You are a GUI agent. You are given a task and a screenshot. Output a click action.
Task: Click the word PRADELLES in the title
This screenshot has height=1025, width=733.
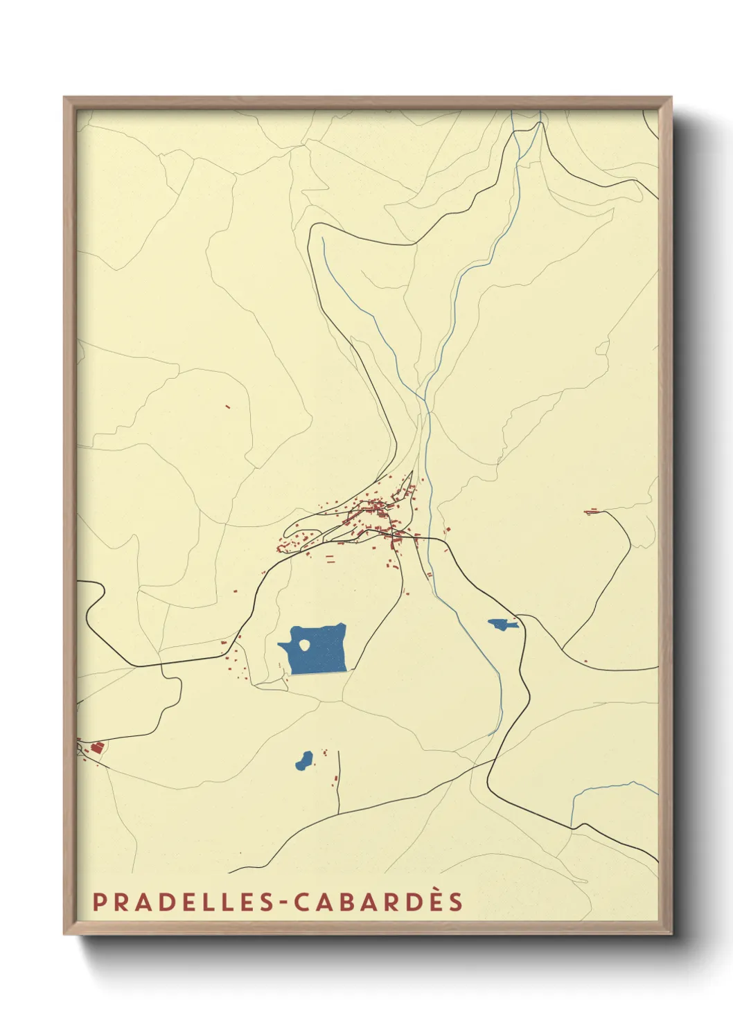[188, 902]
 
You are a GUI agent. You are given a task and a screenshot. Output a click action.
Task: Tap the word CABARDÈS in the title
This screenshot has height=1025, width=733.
[378, 902]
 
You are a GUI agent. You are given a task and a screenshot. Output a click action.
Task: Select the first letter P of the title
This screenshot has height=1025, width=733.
[99, 902]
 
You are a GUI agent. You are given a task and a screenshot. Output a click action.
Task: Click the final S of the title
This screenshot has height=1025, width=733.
[455, 902]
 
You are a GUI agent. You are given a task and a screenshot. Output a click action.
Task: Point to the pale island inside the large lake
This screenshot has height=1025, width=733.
[304, 645]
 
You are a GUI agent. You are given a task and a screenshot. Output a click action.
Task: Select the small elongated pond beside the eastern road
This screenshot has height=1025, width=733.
[502, 624]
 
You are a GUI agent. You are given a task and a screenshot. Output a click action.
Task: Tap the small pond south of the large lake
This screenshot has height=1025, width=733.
[303, 760]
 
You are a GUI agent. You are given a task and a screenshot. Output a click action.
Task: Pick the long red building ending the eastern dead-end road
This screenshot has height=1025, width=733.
[591, 512]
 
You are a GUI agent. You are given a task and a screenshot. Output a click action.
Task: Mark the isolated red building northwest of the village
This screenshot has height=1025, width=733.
[227, 407]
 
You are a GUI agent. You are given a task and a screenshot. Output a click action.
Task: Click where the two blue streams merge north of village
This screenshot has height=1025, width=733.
[425, 401]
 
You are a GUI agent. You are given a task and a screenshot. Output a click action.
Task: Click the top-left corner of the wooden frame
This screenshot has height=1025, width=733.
[64, 98]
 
